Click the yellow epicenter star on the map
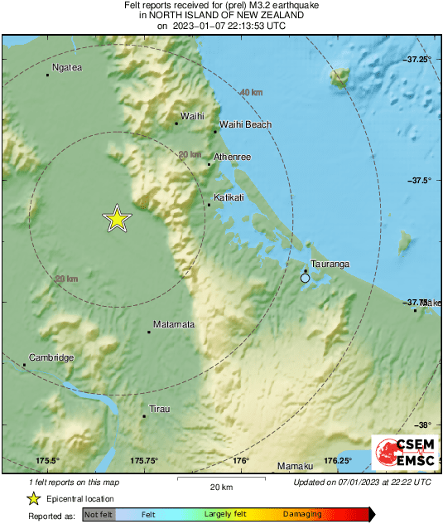[118, 218]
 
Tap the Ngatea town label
[67, 67]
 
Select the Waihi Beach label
[245, 125]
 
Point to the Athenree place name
[232, 157]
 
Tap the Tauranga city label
[330, 264]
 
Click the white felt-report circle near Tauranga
[306, 279]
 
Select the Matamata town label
[174, 324]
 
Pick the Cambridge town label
[51, 357]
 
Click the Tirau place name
[158, 409]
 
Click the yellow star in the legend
[34, 498]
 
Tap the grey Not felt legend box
[99, 515]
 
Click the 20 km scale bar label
[220, 486]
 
